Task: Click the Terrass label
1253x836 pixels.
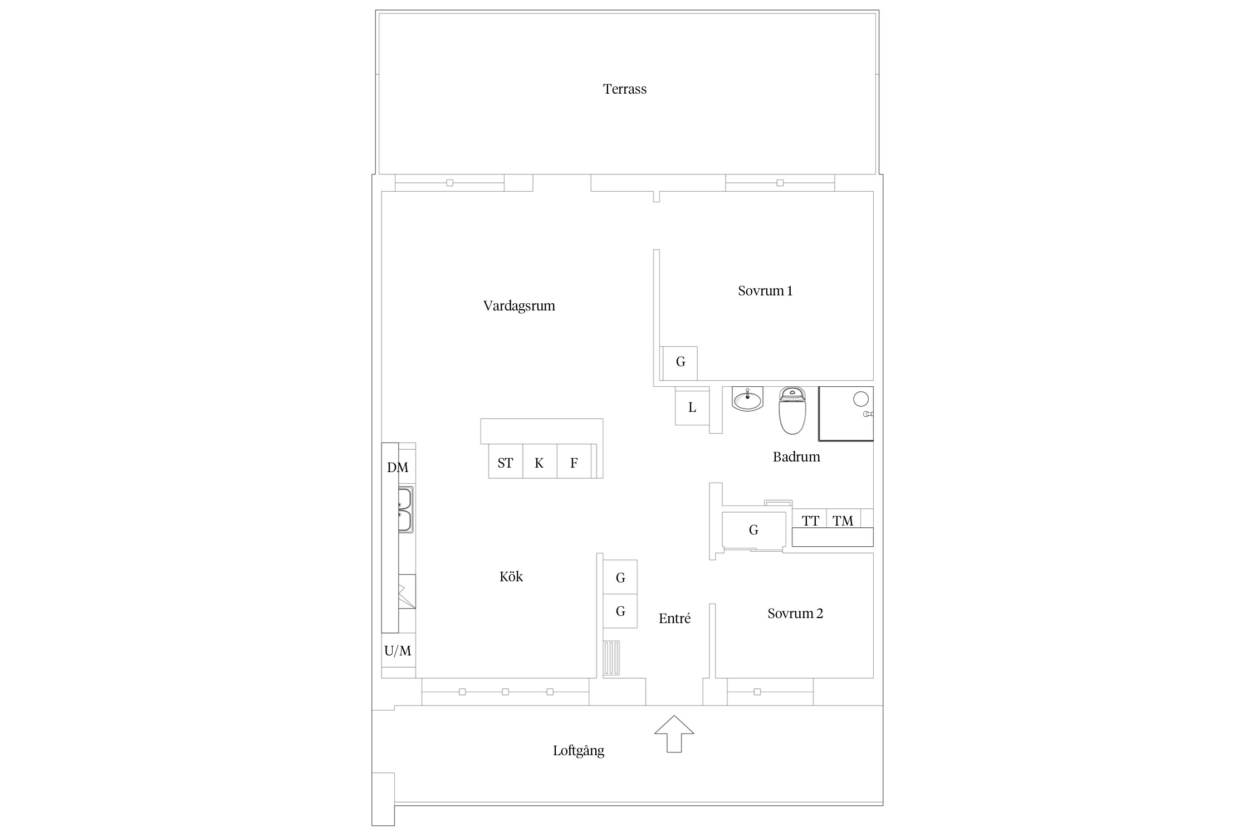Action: coord(624,89)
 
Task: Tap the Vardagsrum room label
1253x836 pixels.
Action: coord(519,306)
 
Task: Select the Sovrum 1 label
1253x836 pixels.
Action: coord(765,291)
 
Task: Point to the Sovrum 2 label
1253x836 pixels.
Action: coord(795,614)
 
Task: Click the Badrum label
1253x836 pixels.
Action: coord(796,457)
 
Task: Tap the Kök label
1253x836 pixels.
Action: coord(511,577)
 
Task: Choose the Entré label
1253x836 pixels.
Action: coord(674,618)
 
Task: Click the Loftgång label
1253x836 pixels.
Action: coord(579,751)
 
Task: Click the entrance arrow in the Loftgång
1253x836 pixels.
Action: coord(674,733)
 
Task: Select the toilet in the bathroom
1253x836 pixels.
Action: coord(792,411)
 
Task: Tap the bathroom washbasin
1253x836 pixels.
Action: coord(747,400)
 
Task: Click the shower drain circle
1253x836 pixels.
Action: coord(861,399)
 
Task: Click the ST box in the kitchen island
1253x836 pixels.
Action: coord(506,461)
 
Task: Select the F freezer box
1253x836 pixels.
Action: coord(574,461)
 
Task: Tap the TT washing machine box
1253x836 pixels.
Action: coord(810,519)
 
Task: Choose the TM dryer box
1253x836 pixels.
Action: coord(844,519)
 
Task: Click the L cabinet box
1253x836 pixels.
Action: coord(692,407)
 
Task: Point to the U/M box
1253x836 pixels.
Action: coord(398,650)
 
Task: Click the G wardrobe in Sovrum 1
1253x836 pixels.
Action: coord(680,363)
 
